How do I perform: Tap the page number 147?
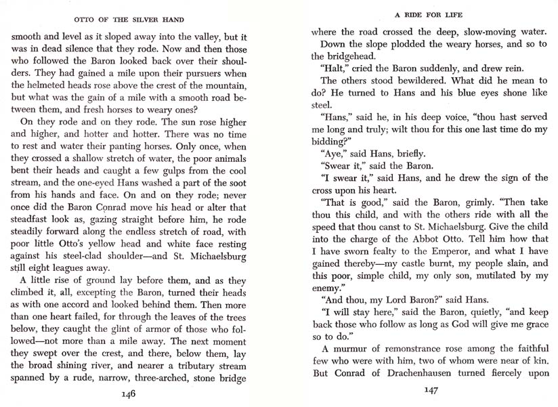(431, 390)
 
